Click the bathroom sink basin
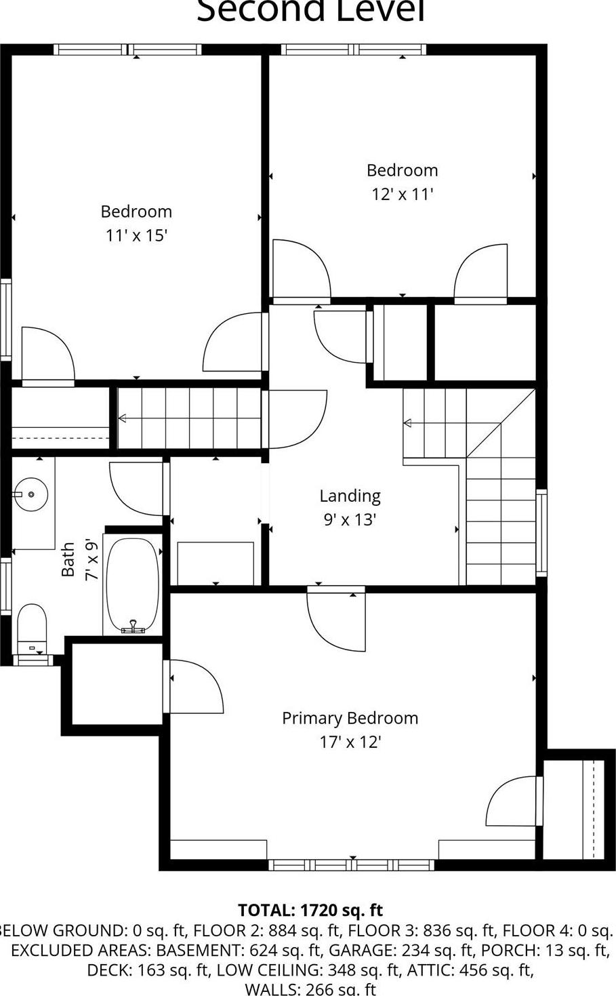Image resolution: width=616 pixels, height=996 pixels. (31, 494)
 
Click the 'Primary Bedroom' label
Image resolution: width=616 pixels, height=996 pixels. (350, 718)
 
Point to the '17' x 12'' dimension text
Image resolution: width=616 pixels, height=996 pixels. (350, 742)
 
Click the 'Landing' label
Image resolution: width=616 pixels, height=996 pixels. (350, 496)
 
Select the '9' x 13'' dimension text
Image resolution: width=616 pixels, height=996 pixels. (350, 520)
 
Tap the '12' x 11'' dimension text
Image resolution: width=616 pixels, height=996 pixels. (402, 195)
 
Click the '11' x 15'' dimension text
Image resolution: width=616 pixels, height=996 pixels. (136, 236)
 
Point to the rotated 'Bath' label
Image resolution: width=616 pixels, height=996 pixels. (68, 559)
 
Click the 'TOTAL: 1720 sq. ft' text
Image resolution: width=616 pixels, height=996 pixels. (310, 910)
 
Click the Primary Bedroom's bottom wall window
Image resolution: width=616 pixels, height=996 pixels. (351, 864)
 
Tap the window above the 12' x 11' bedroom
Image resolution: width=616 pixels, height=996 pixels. (353, 49)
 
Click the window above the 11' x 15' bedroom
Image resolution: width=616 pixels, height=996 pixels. (127, 49)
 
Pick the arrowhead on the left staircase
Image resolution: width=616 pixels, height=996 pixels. (123, 418)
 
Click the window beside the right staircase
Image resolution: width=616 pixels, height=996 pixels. (541, 532)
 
